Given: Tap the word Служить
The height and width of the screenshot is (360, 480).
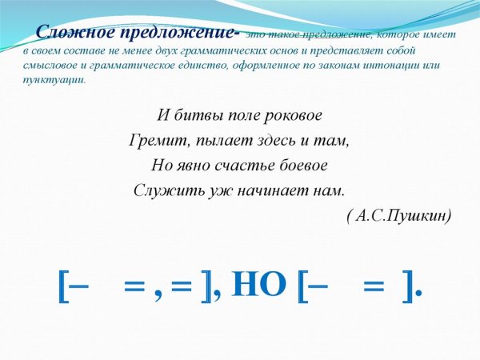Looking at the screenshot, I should tap(163, 192).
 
